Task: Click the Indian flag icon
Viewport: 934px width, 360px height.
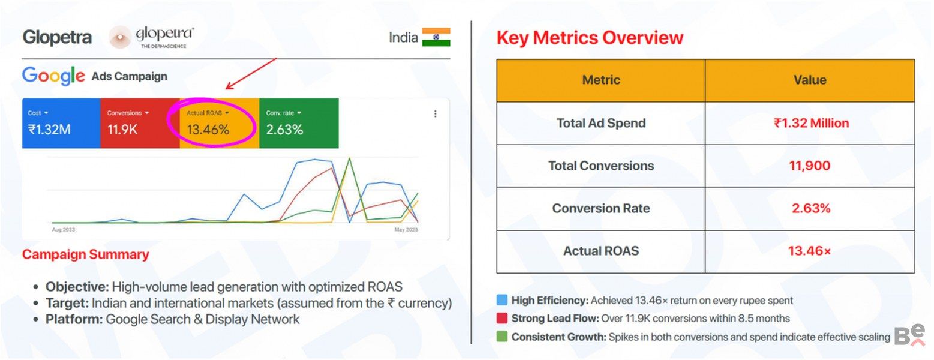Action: (x=436, y=37)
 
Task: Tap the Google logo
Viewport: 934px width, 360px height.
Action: (x=53, y=76)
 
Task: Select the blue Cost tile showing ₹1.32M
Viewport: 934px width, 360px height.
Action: (x=61, y=123)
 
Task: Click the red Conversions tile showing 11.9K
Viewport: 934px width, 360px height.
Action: (x=139, y=123)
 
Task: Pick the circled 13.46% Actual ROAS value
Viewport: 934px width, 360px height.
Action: (x=208, y=129)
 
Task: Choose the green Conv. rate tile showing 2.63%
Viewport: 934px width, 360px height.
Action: (x=298, y=123)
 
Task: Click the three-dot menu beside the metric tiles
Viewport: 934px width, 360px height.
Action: (x=435, y=113)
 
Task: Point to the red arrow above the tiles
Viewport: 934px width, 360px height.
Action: (x=250, y=74)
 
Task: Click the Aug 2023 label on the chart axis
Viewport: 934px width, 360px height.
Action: (x=64, y=230)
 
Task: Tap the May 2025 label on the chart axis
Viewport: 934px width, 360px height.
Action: (x=406, y=230)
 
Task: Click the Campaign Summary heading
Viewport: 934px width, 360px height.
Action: (x=86, y=254)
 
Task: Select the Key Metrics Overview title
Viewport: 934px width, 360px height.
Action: (x=590, y=38)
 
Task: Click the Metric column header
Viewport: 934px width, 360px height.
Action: (x=601, y=80)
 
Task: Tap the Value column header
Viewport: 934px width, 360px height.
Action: (x=810, y=80)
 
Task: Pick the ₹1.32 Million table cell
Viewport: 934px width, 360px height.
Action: (x=810, y=123)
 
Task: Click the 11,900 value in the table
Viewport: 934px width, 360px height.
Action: (x=810, y=166)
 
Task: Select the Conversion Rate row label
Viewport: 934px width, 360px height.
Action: (x=601, y=208)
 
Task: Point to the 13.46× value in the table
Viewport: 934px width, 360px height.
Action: (x=810, y=251)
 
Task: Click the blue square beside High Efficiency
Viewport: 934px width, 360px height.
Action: (x=502, y=300)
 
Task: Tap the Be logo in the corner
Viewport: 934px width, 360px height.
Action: (x=909, y=336)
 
